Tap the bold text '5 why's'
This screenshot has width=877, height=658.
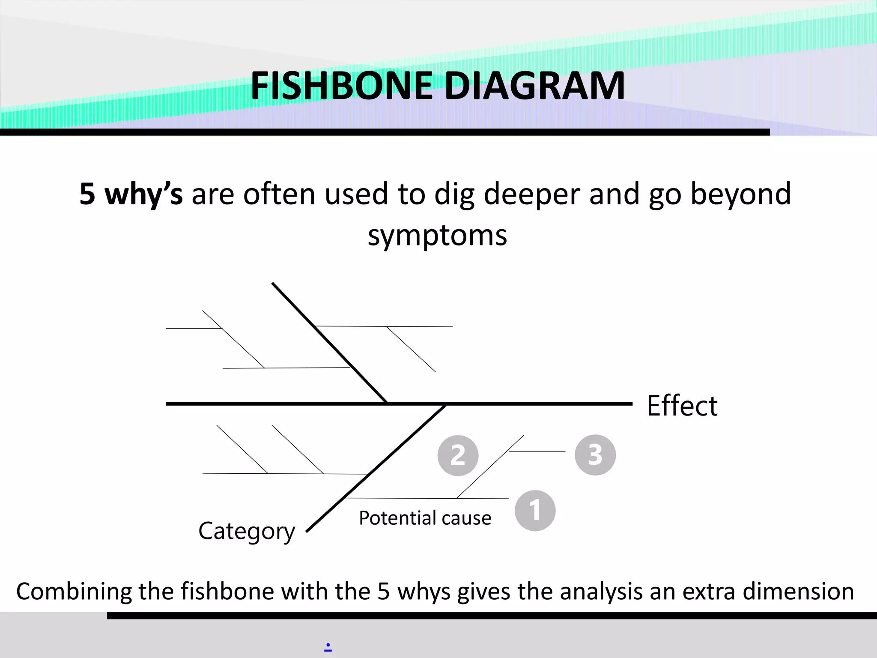tap(131, 194)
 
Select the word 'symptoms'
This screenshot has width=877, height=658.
tap(437, 236)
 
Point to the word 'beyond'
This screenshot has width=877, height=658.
tap(740, 194)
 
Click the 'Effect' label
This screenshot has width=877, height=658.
tap(682, 406)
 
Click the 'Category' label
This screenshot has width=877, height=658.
tap(247, 531)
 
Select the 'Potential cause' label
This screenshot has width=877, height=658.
tap(425, 518)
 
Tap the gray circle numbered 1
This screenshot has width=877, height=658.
tap(535, 511)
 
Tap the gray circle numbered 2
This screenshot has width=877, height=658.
tap(458, 455)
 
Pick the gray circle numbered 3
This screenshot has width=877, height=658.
tap(595, 455)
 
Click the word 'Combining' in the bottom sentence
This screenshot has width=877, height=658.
tap(73, 592)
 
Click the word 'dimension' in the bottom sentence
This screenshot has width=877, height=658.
tap(798, 592)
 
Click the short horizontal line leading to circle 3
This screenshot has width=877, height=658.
tap(537, 451)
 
